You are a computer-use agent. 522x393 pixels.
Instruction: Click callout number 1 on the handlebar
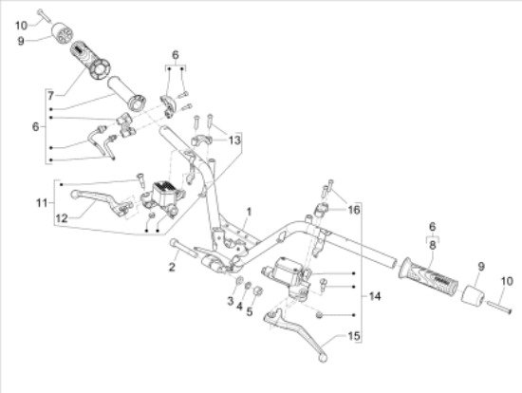(249, 212)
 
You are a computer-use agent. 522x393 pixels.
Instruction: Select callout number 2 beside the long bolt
(172, 267)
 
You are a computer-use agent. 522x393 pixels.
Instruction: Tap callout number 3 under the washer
(231, 301)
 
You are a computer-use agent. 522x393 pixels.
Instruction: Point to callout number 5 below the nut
(250, 311)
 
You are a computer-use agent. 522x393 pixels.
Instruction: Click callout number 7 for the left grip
(50, 96)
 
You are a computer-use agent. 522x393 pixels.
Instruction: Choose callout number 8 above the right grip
(433, 245)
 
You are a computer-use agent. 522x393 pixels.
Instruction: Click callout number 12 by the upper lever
(62, 218)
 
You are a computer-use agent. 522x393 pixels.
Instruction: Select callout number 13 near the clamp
(234, 140)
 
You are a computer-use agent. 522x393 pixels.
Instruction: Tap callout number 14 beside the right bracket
(375, 296)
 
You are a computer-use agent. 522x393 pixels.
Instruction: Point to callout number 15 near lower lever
(354, 336)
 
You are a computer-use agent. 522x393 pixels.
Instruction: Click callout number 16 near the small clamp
(354, 210)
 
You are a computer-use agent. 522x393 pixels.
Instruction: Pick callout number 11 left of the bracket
(42, 202)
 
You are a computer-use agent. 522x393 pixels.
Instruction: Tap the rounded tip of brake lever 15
(323, 358)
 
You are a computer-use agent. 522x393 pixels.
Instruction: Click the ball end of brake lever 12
(75, 194)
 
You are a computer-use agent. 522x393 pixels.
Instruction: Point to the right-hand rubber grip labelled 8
(428, 275)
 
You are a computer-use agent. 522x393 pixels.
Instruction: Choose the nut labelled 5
(258, 291)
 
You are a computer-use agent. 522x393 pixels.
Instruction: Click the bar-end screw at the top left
(45, 15)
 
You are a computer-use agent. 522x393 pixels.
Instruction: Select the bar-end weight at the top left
(63, 32)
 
